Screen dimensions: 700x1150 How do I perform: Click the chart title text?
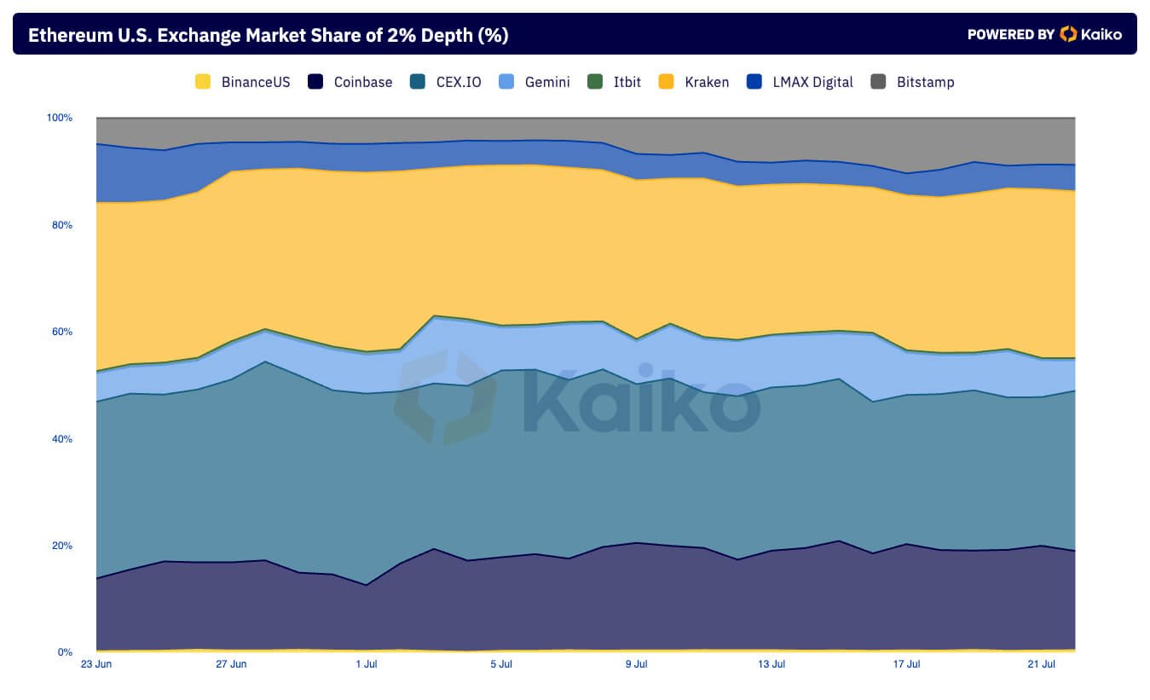click(x=268, y=35)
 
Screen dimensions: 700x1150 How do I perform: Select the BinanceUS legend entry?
click(x=243, y=82)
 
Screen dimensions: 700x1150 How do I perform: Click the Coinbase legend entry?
click(x=351, y=82)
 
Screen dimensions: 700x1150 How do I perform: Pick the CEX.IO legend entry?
click(x=446, y=82)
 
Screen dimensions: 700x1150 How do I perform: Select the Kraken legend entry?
click(x=695, y=82)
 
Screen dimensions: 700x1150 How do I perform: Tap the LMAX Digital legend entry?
click(x=800, y=82)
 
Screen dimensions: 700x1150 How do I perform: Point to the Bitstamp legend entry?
click(x=913, y=82)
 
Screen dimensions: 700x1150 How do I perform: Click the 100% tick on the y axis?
click(x=59, y=118)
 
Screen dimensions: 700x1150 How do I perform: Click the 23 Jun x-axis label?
click(x=95, y=663)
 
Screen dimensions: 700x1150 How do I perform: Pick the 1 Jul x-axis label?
click(x=366, y=663)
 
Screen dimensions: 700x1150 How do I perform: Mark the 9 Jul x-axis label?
click(x=637, y=663)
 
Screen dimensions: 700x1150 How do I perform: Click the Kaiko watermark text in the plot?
click(x=639, y=401)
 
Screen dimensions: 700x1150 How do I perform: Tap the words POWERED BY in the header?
click(x=1011, y=34)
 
